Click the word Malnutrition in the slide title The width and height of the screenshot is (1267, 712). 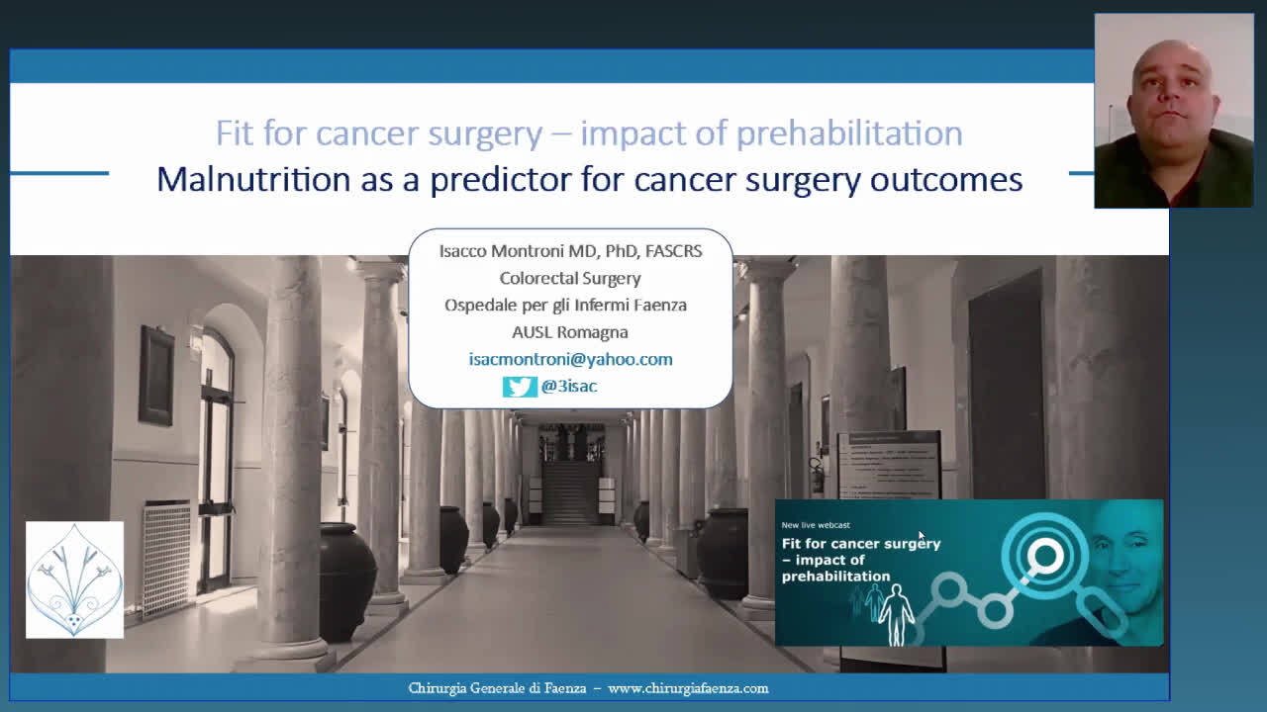coord(254,179)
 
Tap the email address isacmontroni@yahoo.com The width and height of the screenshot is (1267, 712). coord(571,359)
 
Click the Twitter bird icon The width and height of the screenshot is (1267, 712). coord(520,387)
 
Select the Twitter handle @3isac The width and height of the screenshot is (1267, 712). coord(569,387)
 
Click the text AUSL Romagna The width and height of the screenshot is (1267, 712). coord(570,332)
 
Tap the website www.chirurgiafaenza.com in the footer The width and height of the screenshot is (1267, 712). coord(688,689)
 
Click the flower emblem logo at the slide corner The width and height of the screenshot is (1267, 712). coord(74,579)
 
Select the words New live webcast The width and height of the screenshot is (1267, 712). coord(816,525)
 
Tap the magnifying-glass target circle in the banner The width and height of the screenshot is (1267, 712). coord(1044,556)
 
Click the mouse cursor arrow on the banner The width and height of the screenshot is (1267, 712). coord(922,536)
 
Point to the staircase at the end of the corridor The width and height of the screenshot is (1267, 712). coord(569,490)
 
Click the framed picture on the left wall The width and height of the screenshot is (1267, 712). coord(156,376)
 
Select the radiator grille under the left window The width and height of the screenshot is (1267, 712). coord(167,559)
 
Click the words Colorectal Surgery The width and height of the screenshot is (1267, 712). coord(570,279)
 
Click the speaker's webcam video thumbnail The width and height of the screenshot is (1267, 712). coord(1174,111)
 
